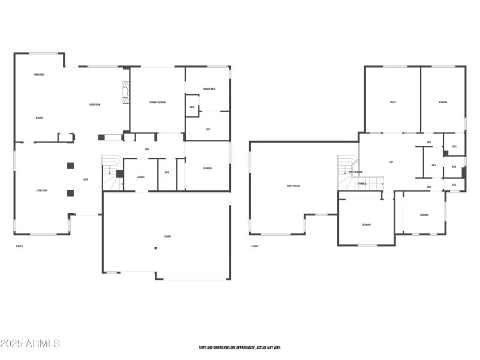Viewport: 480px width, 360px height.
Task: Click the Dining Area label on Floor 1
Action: pyautogui.click(x=40, y=74)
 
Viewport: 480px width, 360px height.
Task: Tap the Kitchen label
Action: pyautogui.click(x=39, y=118)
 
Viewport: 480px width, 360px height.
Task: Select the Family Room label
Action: pyautogui.click(x=95, y=104)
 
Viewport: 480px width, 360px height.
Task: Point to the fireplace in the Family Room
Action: pyautogui.click(x=125, y=93)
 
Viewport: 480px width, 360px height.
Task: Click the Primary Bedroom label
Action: pyautogui.click(x=157, y=103)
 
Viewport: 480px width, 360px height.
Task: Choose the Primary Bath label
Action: pyautogui.click(x=209, y=89)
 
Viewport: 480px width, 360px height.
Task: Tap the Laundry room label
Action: pyautogui.click(x=141, y=177)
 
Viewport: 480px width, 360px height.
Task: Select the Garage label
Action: pyautogui.click(x=167, y=236)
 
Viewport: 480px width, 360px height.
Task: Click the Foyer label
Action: pyautogui.click(x=86, y=179)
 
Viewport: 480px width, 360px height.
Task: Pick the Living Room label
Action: pyautogui.click(x=42, y=191)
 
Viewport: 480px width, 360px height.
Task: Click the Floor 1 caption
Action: pyautogui.click(x=19, y=246)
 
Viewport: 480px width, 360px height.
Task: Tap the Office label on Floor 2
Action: pyautogui.click(x=392, y=102)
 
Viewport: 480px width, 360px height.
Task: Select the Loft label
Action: pyautogui.click(x=391, y=161)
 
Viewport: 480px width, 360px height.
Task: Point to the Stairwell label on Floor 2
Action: pyautogui.click(x=362, y=184)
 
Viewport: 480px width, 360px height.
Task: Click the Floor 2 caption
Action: pyautogui.click(x=255, y=246)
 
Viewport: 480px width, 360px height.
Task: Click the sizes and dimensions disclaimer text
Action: pyautogui.click(x=240, y=347)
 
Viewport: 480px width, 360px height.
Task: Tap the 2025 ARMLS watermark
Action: pyautogui.click(x=30, y=344)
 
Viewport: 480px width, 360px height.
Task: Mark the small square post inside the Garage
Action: pyautogui.click(x=155, y=248)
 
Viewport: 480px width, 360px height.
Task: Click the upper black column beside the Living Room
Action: pyautogui.click(x=70, y=166)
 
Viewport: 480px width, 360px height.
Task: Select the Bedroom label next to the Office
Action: pyautogui.click(x=442, y=102)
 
